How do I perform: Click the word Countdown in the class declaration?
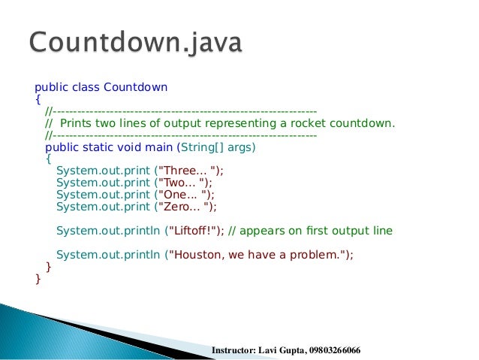(x=135, y=87)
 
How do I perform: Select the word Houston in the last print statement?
(x=196, y=255)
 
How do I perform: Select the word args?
(x=240, y=147)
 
